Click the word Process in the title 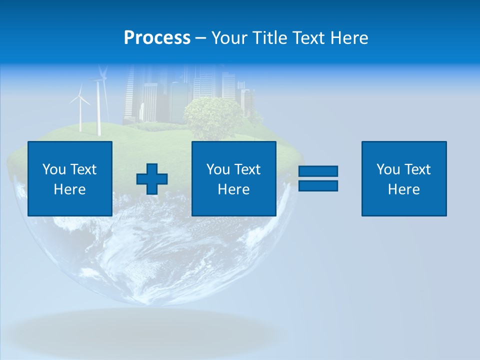[x=157, y=38]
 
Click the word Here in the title [x=349, y=38]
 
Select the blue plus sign [x=152, y=179]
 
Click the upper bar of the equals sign [x=318, y=171]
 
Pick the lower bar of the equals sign [x=318, y=185]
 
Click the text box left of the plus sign [x=70, y=178]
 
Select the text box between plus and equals [x=233, y=178]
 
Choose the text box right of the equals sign [x=404, y=178]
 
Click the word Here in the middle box [x=233, y=189]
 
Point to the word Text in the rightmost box [x=418, y=169]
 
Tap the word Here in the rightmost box [x=404, y=189]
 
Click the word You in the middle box [x=218, y=169]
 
